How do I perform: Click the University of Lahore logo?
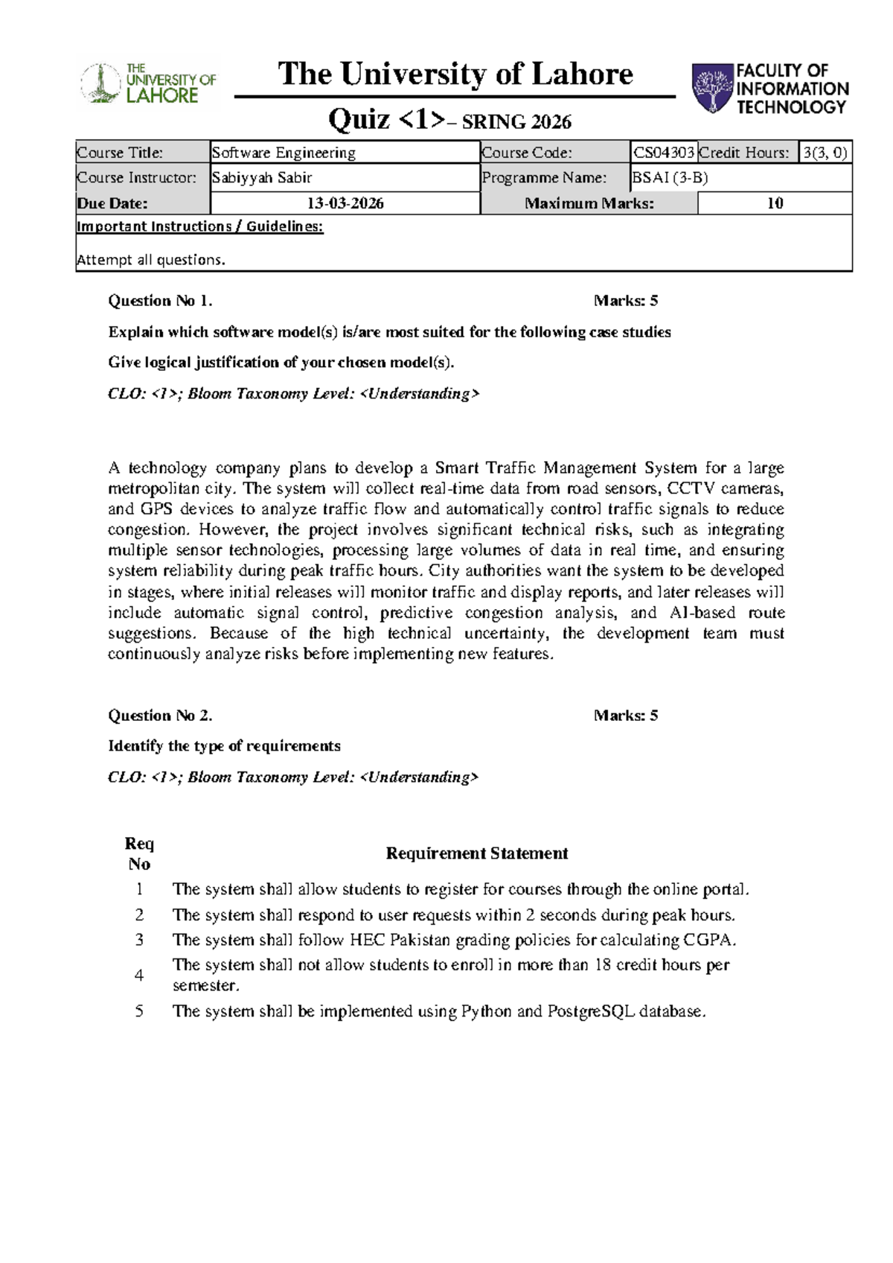(x=149, y=84)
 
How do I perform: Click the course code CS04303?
(x=664, y=153)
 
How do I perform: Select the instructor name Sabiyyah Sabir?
(x=262, y=177)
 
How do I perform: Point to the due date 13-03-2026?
(x=345, y=203)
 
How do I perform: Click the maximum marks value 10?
(x=775, y=203)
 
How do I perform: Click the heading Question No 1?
(x=160, y=301)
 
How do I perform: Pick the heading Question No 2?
(x=160, y=716)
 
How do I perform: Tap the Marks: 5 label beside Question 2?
(x=625, y=716)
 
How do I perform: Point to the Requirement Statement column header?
(x=476, y=853)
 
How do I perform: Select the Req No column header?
(x=139, y=853)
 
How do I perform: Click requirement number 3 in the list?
(x=139, y=940)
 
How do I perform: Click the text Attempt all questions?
(x=151, y=260)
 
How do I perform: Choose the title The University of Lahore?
(x=455, y=74)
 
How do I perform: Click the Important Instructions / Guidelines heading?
(x=199, y=226)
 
